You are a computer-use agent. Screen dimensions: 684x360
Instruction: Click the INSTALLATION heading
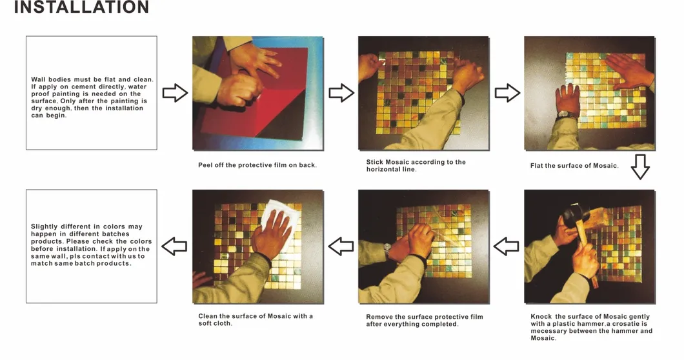tap(81, 7)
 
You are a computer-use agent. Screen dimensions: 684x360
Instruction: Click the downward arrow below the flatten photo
tap(640, 166)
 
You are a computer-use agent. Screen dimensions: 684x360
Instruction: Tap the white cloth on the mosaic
tap(278, 223)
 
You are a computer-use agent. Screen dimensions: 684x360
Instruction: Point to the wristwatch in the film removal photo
tap(387, 249)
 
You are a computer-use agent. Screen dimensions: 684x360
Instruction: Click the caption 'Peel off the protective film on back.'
tap(257, 165)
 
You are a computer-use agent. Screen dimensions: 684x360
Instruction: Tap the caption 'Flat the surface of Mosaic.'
tap(574, 166)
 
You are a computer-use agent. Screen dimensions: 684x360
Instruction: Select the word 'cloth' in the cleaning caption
tap(223, 323)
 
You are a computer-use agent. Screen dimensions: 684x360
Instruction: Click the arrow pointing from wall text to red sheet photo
tap(176, 93)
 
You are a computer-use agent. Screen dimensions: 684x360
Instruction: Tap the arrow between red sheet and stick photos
tap(341, 93)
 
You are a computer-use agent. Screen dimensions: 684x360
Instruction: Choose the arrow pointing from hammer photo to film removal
tap(506, 246)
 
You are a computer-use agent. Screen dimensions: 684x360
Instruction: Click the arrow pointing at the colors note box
tap(174, 246)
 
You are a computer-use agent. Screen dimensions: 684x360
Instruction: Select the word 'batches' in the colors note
tap(116, 234)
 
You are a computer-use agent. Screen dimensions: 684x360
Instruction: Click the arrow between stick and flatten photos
tap(507, 93)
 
